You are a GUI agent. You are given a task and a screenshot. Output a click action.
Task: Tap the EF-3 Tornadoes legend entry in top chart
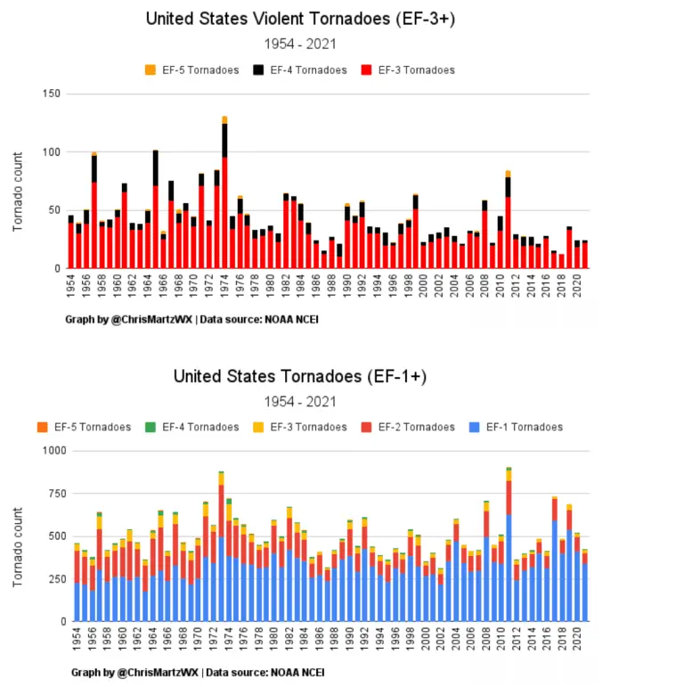tap(410, 70)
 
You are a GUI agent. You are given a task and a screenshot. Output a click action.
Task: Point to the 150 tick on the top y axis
tap(52, 94)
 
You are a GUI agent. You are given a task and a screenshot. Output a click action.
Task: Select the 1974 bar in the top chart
tap(224, 196)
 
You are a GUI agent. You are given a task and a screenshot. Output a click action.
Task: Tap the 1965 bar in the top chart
tap(156, 214)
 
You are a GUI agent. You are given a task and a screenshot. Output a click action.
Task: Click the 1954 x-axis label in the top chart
tap(71, 287)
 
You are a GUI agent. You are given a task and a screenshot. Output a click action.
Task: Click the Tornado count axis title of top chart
tap(17, 198)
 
